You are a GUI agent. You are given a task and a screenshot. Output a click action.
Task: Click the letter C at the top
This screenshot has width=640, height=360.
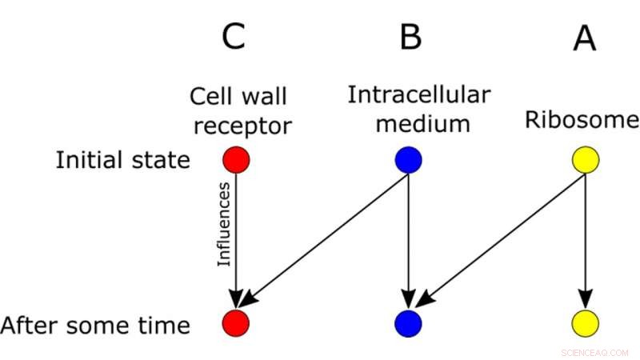point(233,36)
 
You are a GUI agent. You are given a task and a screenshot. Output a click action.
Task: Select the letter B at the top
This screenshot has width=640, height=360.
point(410,36)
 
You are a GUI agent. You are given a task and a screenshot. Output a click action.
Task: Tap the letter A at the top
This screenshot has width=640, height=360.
point(585,36)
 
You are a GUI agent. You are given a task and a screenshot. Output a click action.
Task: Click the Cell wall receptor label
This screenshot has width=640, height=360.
point(240,111)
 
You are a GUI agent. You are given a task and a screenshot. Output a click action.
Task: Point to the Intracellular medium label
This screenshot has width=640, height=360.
point(419,110)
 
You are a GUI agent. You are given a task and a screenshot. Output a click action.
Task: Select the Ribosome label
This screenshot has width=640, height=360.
point(582,121)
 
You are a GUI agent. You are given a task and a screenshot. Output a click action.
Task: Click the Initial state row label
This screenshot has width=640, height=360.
point(122,160)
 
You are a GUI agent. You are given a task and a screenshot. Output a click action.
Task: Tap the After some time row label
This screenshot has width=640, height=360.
point(95,326)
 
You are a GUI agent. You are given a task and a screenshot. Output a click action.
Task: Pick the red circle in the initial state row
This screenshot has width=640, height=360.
point(237,160)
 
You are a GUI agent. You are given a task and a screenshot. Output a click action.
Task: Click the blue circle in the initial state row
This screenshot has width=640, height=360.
point(409,160)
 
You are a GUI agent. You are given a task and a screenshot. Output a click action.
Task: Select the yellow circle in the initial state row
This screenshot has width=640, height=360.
point(586,160)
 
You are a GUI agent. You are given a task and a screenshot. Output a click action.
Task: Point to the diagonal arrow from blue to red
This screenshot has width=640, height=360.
point(324,241)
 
